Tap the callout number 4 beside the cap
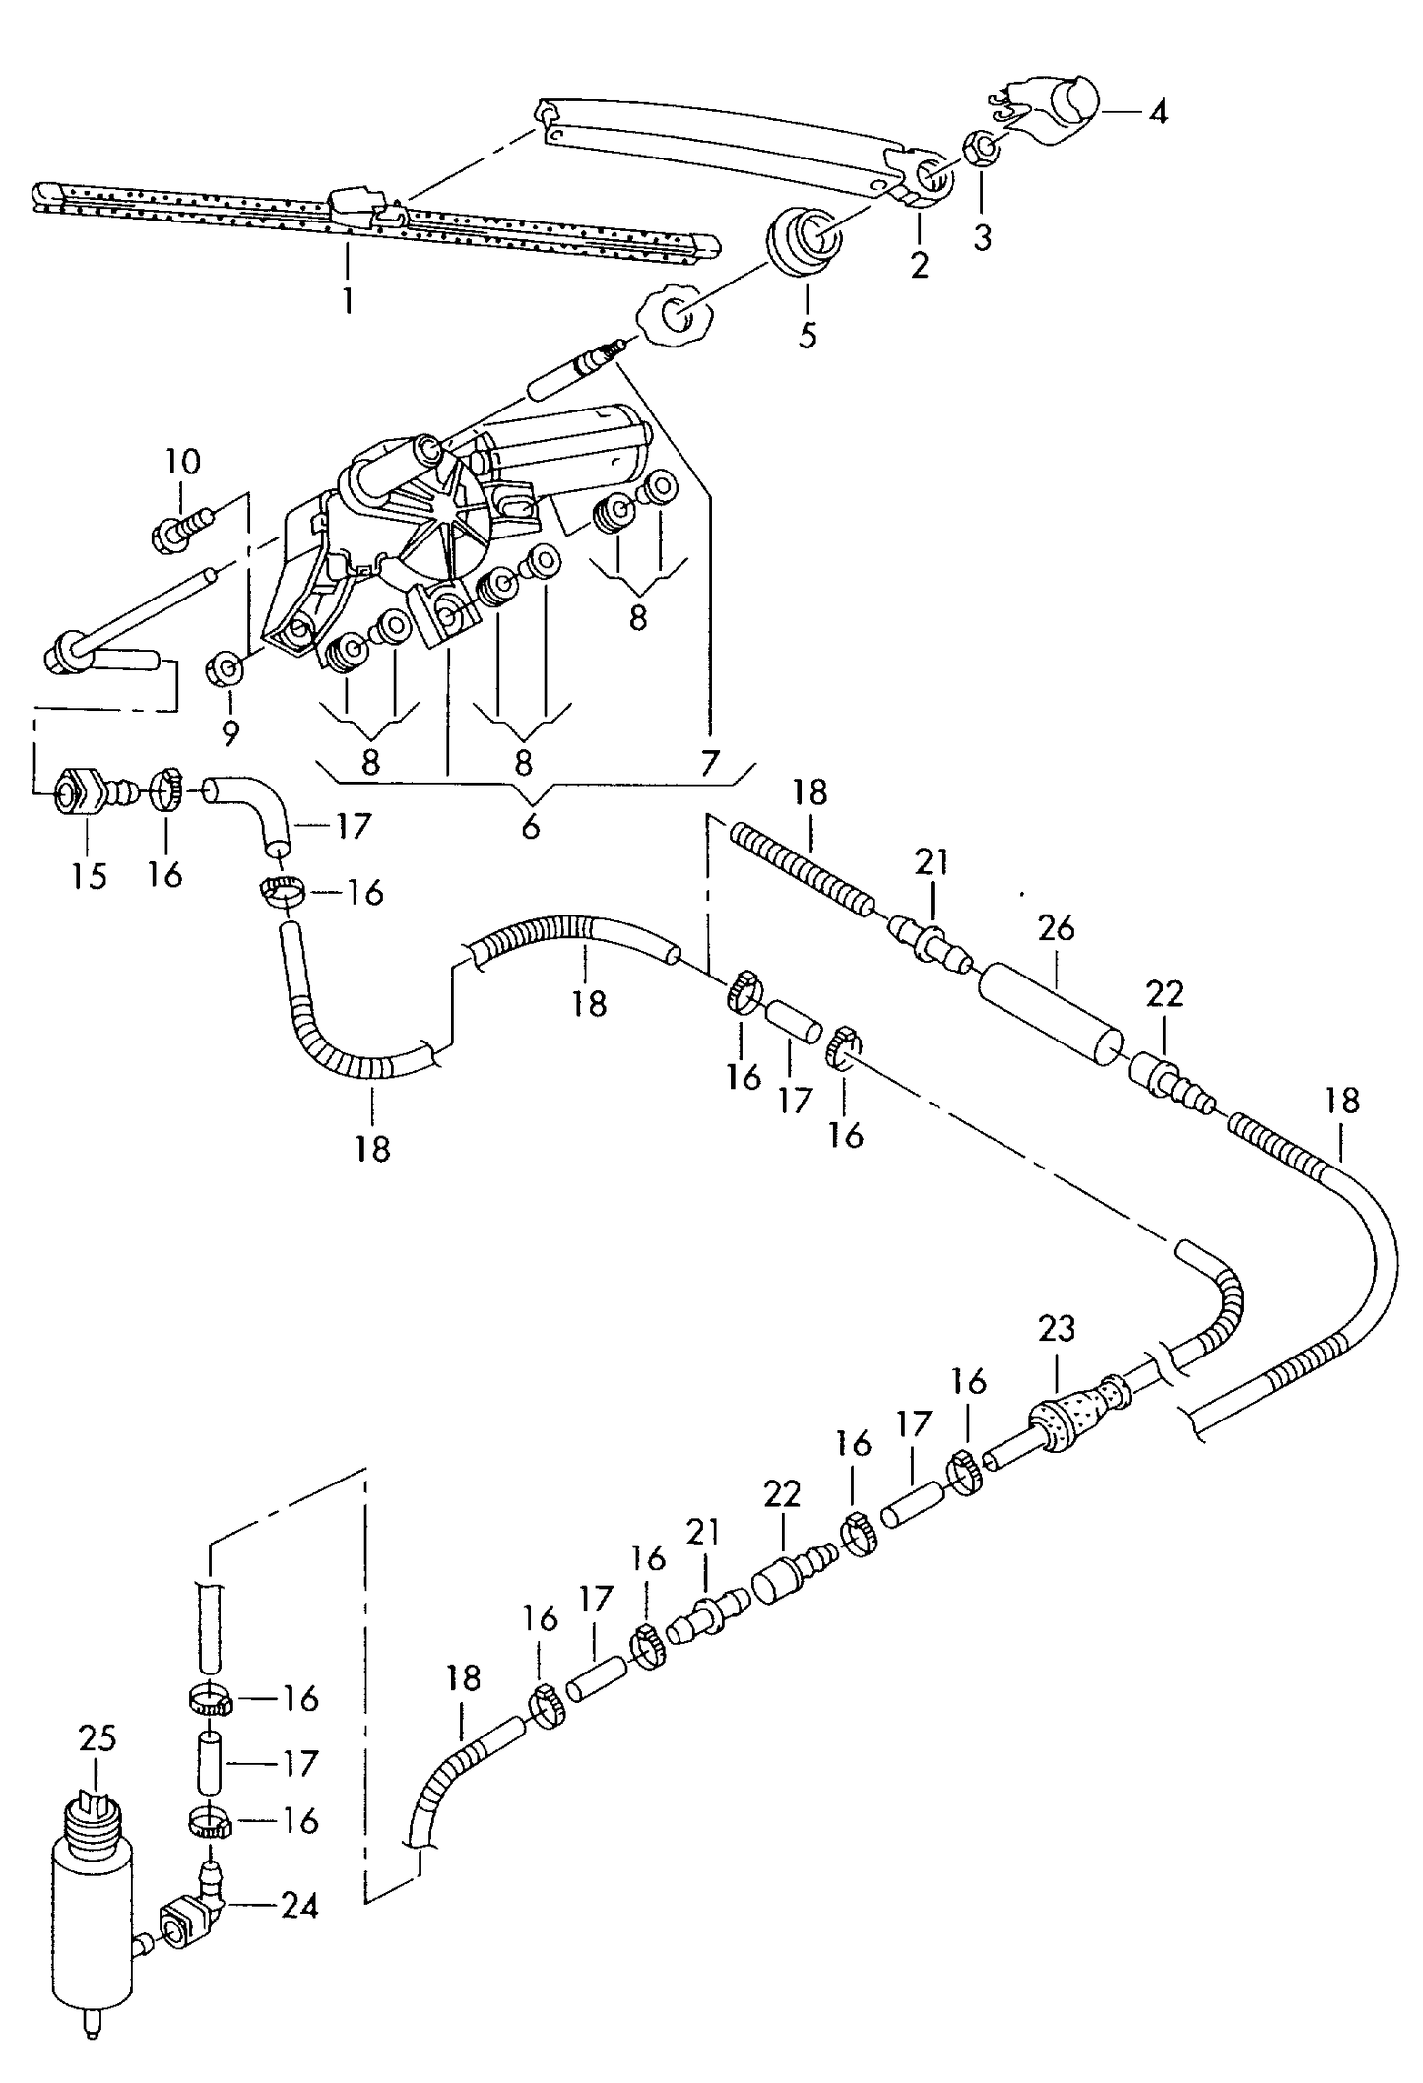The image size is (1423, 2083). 1158,112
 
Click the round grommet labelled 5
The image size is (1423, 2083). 804,239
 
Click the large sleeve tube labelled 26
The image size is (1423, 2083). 1052,1014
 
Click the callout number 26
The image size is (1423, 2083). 1056,928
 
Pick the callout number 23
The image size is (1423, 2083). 1056,1329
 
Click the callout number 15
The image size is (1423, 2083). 89,875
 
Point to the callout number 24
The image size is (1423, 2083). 299,1906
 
